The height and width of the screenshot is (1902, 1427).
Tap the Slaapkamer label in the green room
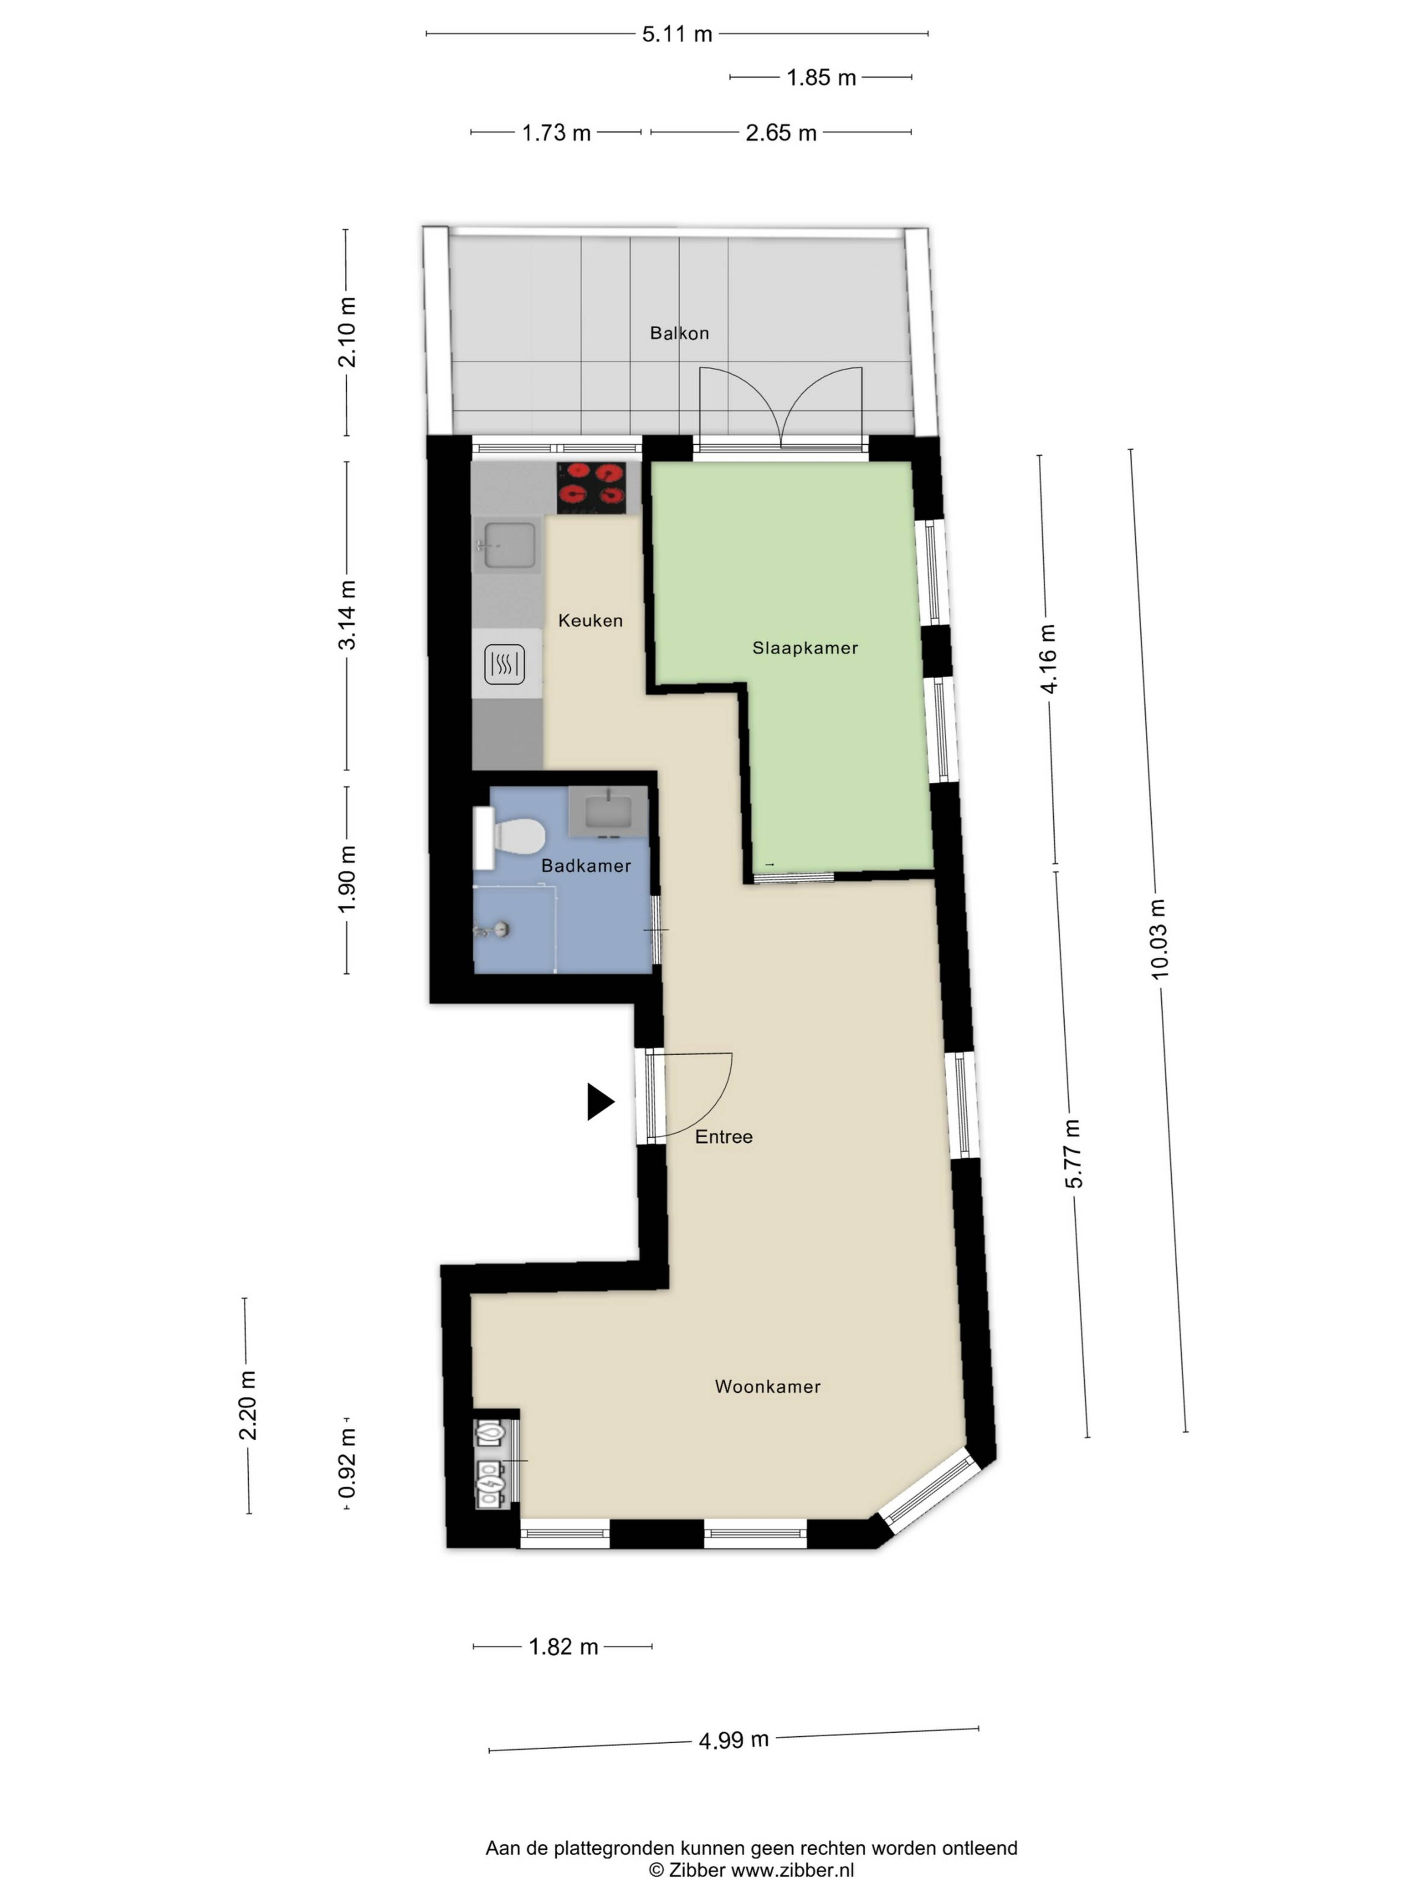click(x=805, y=647)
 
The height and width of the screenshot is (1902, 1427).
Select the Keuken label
click(x=590, y=620)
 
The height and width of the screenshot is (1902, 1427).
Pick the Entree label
click(x=724, y=1137)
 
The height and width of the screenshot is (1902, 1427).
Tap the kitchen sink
click(x=507, y=545)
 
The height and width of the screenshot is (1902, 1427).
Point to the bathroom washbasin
click(x=608, y=811)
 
